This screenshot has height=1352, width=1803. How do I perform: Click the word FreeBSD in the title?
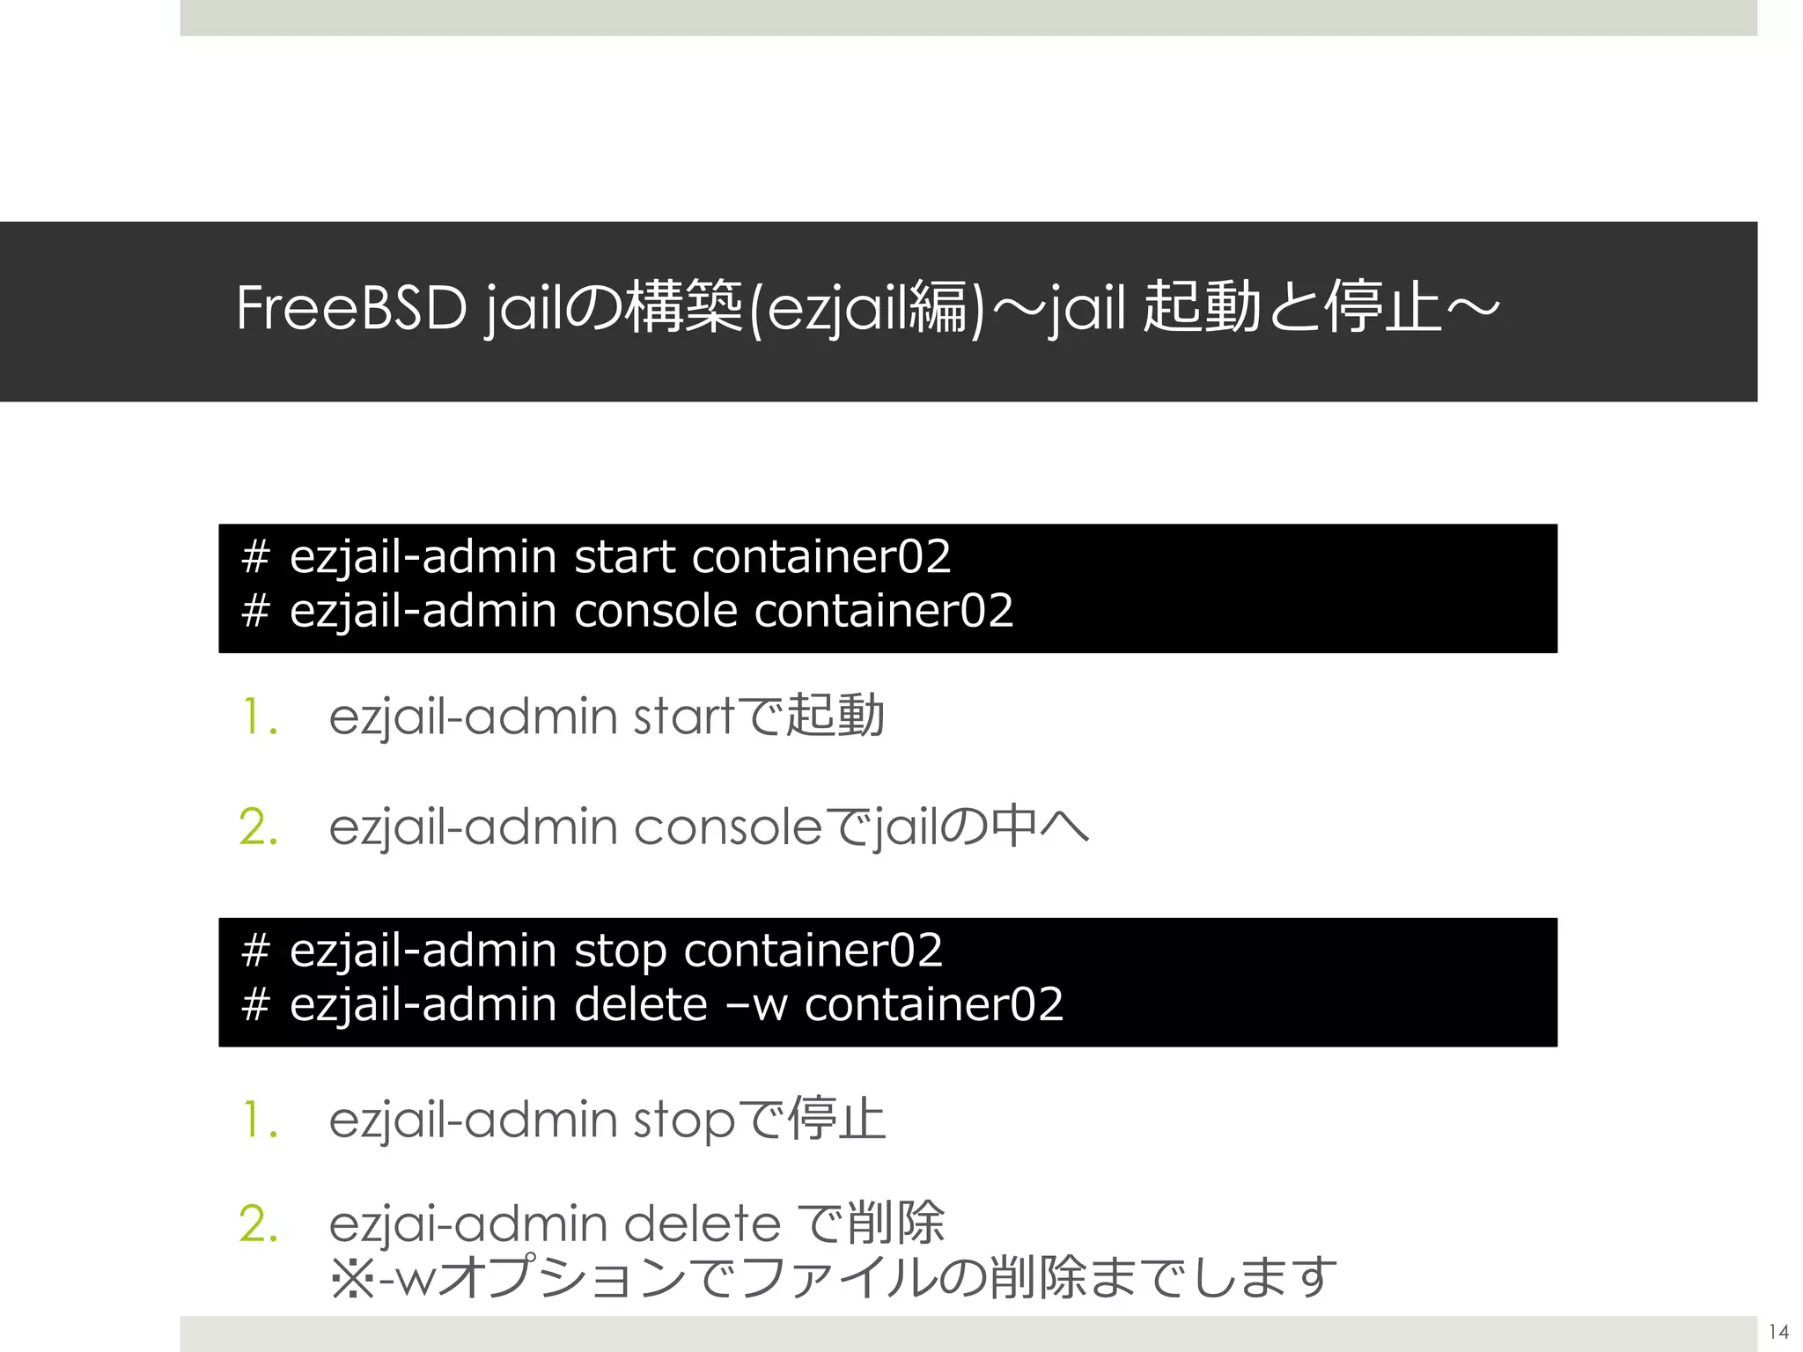click(351, 309)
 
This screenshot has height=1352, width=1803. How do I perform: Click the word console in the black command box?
click(655, 611)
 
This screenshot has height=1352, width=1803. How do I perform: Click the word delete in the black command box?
click(640, 1005)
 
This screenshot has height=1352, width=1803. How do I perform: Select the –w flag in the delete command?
click(755, 1005)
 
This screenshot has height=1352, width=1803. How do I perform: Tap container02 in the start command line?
click(821, 557)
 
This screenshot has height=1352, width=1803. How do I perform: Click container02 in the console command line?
click(884, 611)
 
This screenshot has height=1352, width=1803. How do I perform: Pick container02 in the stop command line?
click(813, 952)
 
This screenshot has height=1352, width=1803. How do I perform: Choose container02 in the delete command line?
click(934, 1005)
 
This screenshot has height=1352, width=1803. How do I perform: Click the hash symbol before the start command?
click(255, 557)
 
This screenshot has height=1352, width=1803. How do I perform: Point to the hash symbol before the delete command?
click(255, 1005)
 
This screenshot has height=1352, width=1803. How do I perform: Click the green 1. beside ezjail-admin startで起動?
click(260, 716)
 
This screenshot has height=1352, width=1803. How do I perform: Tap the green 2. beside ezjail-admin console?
click(259, 827)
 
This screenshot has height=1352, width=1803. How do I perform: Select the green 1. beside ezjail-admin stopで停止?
click(260, 1121)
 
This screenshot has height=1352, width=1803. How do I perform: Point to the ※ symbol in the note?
click(352, 1279)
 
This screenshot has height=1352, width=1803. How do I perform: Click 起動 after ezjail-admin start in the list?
click(835, 715)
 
